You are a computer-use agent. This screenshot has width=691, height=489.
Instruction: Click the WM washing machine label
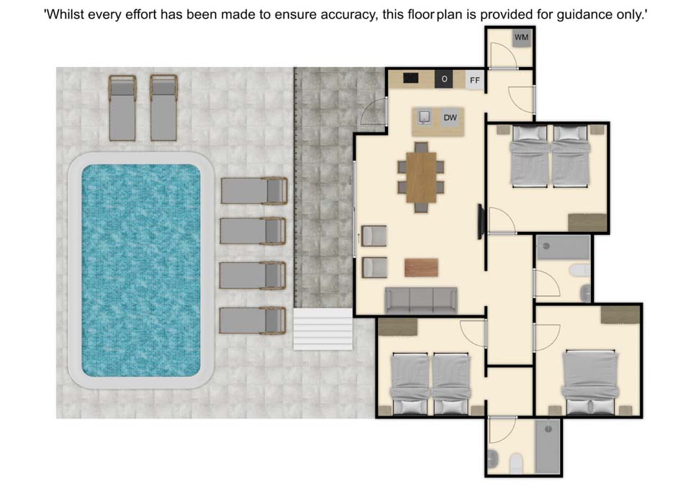[x=521, y=37]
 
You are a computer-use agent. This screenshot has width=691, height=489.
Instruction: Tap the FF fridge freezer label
[x=474, y=80]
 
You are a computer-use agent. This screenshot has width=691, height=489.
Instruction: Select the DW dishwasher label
[x=451, y=117]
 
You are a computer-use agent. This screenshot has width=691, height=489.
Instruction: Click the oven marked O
[x=444, y=79]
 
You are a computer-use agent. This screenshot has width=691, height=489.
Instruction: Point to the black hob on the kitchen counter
[x=411, y=78]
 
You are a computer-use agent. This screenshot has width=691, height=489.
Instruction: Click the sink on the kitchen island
[x=425, y=117]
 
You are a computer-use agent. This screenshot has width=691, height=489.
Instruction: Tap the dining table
[x=421, y=177]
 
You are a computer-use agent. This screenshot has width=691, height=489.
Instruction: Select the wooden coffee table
[x=421, y=268]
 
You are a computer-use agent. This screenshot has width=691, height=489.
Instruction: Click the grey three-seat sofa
[x=421, y=301]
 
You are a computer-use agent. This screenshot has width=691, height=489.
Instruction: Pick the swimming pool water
[x=141, y=270]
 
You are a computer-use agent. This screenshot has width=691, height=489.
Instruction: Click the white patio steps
[x=323, y=329]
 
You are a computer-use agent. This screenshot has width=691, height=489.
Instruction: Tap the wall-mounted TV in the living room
[x=481, y=222]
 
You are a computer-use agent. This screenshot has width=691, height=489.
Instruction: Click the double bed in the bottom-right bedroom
[x=590, y=382]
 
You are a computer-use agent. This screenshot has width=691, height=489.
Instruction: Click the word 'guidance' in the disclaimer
[x=584, y=14]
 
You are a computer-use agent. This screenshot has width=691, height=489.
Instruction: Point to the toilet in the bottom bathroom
[x=515, y=464]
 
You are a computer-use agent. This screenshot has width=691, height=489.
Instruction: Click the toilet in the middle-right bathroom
[x=579, y=270]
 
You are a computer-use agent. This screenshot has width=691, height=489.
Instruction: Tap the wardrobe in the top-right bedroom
[x=587, y=223]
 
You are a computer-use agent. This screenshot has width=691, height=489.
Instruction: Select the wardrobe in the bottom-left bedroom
[x=397, y=327]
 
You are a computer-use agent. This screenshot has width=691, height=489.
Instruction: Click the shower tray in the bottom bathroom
[x=548, y=447]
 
